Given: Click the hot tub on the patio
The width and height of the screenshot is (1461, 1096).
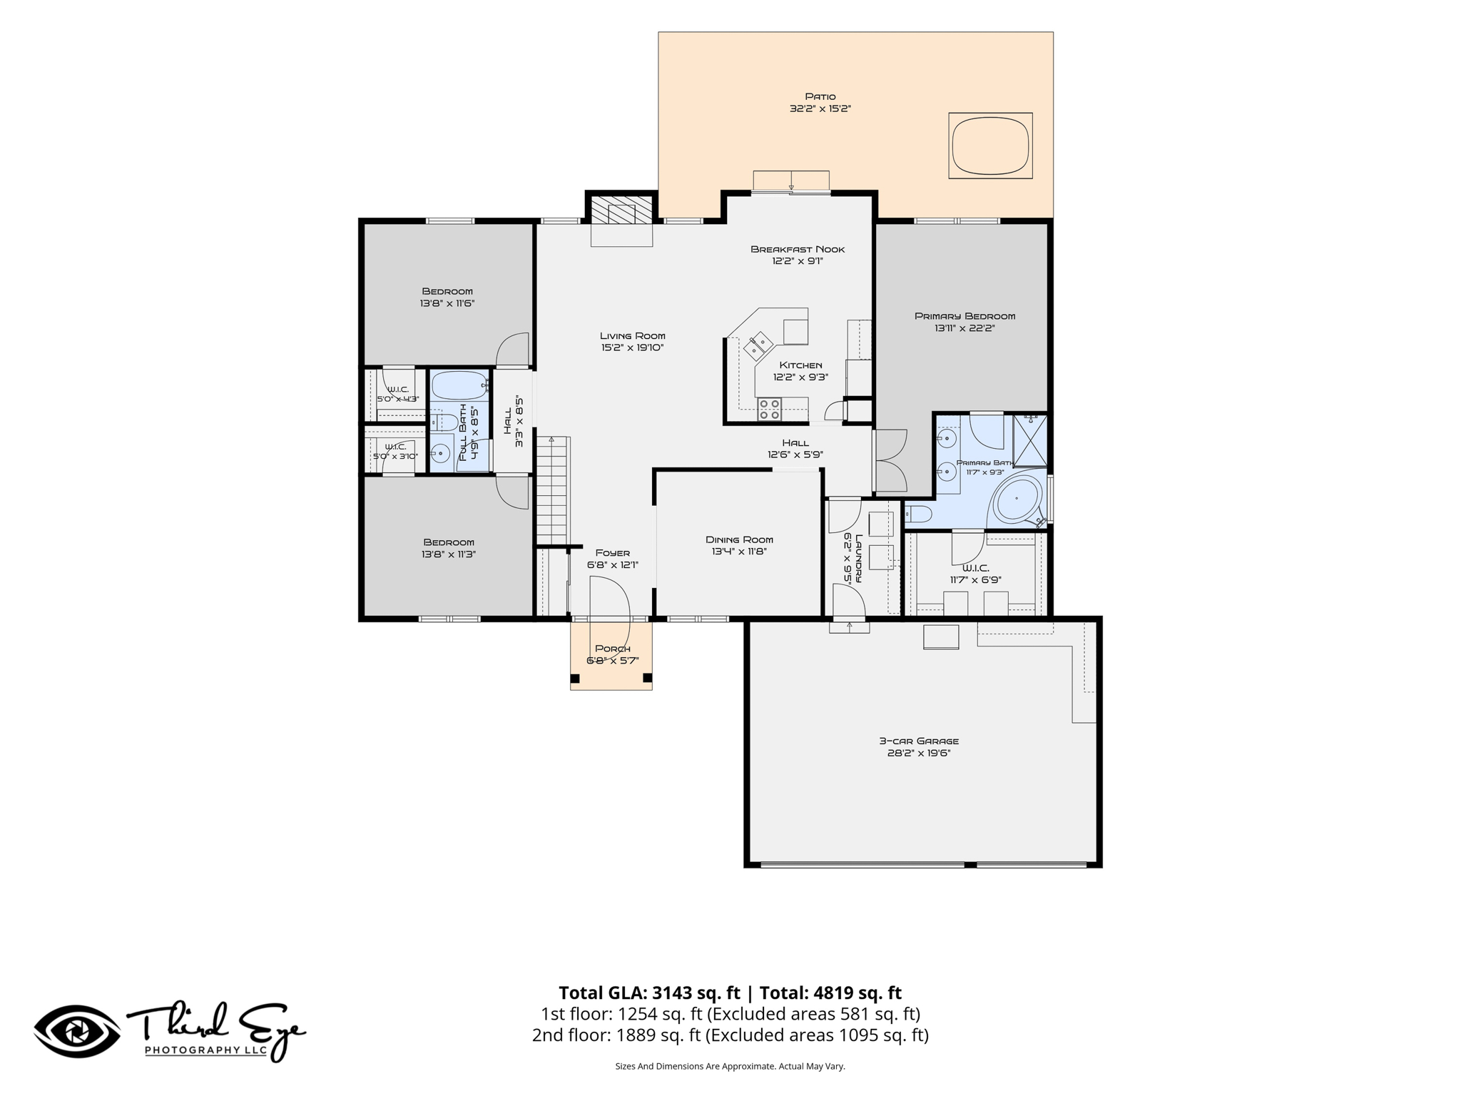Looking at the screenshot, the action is click(x=990, y=146).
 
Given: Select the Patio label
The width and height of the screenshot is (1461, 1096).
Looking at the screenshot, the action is click(x=820, y=96).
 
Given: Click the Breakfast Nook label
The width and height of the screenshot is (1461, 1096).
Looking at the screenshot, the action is click(x=798, y=249).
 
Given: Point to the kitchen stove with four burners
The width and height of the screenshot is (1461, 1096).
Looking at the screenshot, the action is click(x=769, y=409).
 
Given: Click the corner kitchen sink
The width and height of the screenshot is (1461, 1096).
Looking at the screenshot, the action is click(x=758, y=345).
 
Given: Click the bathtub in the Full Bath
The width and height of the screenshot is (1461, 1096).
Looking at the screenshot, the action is click(x=460, y=385).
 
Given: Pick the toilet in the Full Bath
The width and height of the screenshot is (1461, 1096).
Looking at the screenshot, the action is click(x=444, y=422).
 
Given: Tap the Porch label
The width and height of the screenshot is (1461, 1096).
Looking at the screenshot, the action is click(x=612, y=649).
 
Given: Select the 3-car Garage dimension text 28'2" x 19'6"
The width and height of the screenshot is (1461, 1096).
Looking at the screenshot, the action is click(x=918, y=753).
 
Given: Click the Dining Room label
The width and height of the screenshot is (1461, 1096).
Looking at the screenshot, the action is click(x=739, y=539).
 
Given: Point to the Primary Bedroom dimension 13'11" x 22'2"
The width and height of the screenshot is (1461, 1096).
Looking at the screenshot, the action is click(x=964, y=328).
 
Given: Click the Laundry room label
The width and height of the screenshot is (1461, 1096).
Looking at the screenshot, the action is click(x=859, y=558).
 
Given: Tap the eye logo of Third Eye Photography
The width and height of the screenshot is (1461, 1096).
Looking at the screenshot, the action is click(x=77, y=1031).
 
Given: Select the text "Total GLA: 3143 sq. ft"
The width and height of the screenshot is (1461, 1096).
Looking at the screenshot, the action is click(x=649, y=993).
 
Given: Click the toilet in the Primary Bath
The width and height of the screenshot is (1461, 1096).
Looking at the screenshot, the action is click(x=918, y=514).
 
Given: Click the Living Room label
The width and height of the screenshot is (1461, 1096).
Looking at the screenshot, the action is click(x=632, y=335).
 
